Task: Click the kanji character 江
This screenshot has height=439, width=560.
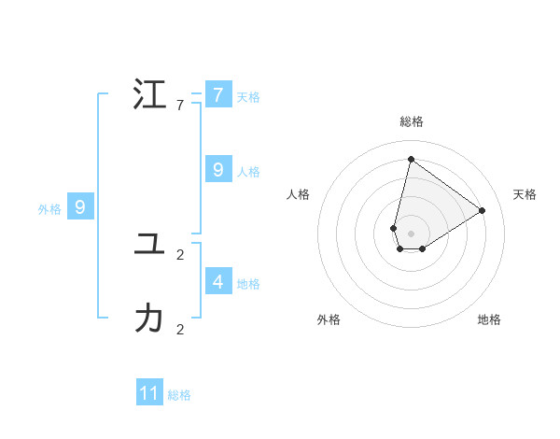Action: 149,94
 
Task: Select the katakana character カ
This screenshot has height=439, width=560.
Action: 149,319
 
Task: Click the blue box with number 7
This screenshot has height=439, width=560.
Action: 217,94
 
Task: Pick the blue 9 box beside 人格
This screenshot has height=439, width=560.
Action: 217,169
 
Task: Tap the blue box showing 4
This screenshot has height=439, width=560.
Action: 217,281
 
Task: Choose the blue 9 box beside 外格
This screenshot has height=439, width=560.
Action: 80,207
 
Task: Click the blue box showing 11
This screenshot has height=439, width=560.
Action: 149,393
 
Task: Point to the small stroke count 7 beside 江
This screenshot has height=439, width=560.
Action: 180,105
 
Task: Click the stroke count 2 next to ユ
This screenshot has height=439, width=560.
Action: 180,254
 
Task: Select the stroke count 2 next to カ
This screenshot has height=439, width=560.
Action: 180,329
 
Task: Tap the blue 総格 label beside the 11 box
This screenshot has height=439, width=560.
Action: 179,395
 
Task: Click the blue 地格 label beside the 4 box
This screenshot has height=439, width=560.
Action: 248,284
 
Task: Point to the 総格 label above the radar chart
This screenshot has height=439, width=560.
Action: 411,121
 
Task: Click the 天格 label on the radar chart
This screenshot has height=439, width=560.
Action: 525,194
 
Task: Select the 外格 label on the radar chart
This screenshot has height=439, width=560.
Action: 329,319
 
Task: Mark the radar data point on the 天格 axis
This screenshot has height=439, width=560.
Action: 482,210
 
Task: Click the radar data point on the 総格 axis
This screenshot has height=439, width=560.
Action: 411,159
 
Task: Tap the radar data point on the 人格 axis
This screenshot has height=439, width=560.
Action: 394,228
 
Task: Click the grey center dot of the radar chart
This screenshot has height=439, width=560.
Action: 411,234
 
